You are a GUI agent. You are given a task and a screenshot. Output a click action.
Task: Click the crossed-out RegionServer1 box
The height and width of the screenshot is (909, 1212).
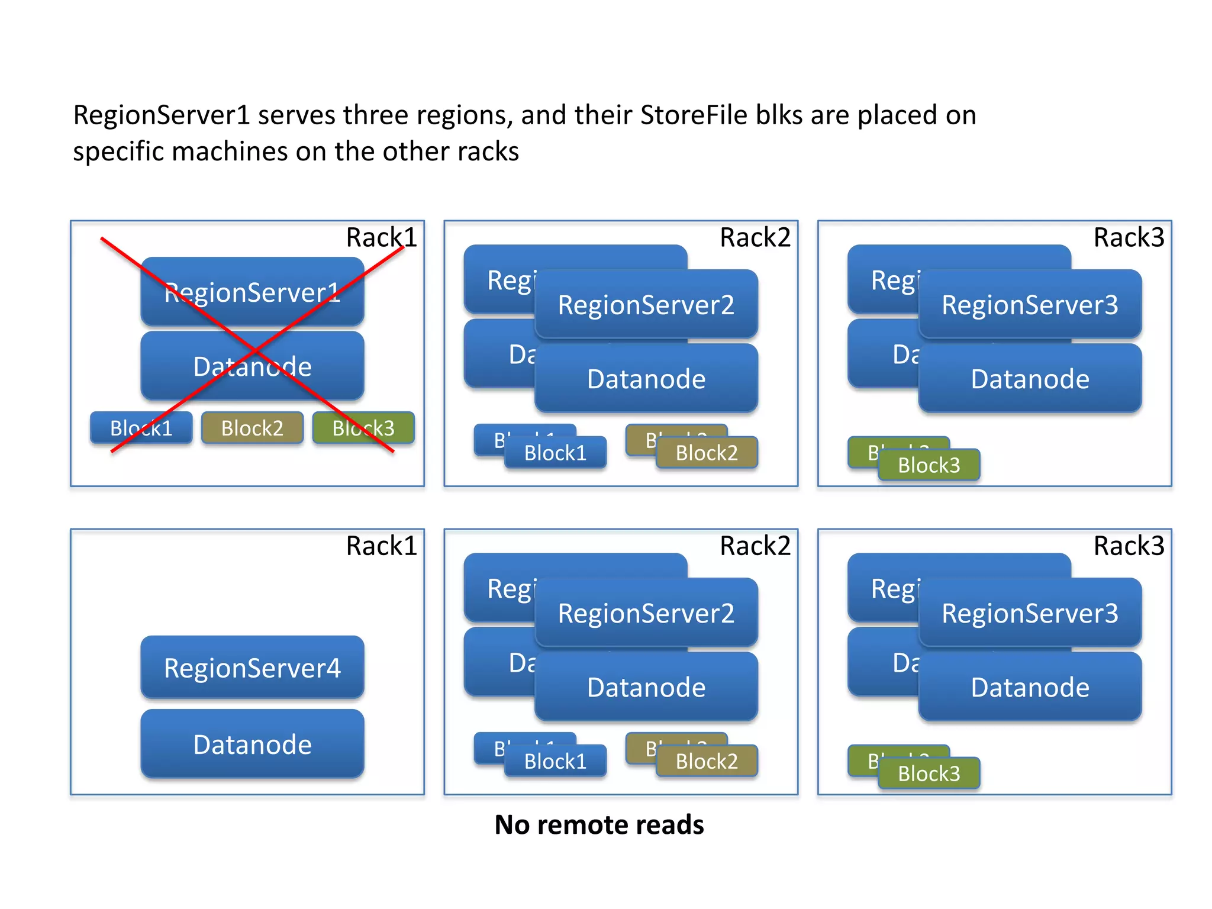click(252, 292)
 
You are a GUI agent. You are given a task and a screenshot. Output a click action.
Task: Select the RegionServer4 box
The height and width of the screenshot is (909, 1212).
click(252, 668)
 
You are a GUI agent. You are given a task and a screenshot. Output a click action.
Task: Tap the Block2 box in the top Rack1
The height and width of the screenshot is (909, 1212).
click(252, 428)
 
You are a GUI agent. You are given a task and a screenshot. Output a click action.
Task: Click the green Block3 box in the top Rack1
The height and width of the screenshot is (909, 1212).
click(363, 428)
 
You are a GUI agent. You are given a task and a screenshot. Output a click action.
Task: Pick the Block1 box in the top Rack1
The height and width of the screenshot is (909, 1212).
click(141, 428)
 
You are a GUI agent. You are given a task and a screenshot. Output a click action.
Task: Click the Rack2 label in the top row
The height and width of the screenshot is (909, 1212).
click(755, 237)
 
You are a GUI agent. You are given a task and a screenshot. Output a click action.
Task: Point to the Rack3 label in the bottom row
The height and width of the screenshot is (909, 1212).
click(1128, 546)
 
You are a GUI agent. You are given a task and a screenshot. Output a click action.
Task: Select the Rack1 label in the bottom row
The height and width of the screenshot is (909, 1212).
click(381, 546)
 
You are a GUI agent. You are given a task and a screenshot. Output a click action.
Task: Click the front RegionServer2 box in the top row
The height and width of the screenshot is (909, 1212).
click(646, 305)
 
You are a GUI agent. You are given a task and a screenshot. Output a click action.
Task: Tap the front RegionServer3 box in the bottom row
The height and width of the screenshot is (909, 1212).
click(1030, 613)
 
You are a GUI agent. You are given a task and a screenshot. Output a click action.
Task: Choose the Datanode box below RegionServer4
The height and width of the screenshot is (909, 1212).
click(252, 744)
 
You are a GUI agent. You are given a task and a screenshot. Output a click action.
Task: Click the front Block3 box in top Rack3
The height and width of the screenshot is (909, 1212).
click(929, 465)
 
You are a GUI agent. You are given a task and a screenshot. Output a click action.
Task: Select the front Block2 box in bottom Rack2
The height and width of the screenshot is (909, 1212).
click(707, 761)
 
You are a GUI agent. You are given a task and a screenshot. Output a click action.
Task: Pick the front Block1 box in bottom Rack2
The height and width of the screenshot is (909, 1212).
click(555, 761)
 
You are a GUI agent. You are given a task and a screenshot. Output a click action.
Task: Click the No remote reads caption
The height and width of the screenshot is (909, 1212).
click(599, 824)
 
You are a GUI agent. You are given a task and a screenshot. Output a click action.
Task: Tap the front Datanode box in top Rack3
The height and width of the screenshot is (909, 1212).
click(1030, 379)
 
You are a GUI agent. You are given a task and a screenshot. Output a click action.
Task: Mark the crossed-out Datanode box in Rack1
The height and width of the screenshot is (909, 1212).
click(252, 366)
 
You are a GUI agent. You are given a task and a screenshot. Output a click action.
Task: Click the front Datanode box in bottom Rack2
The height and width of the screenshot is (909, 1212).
click(646, 687)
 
